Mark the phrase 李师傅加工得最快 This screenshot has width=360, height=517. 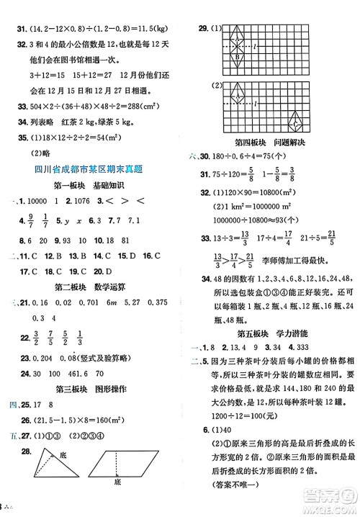tap(301, 282)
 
